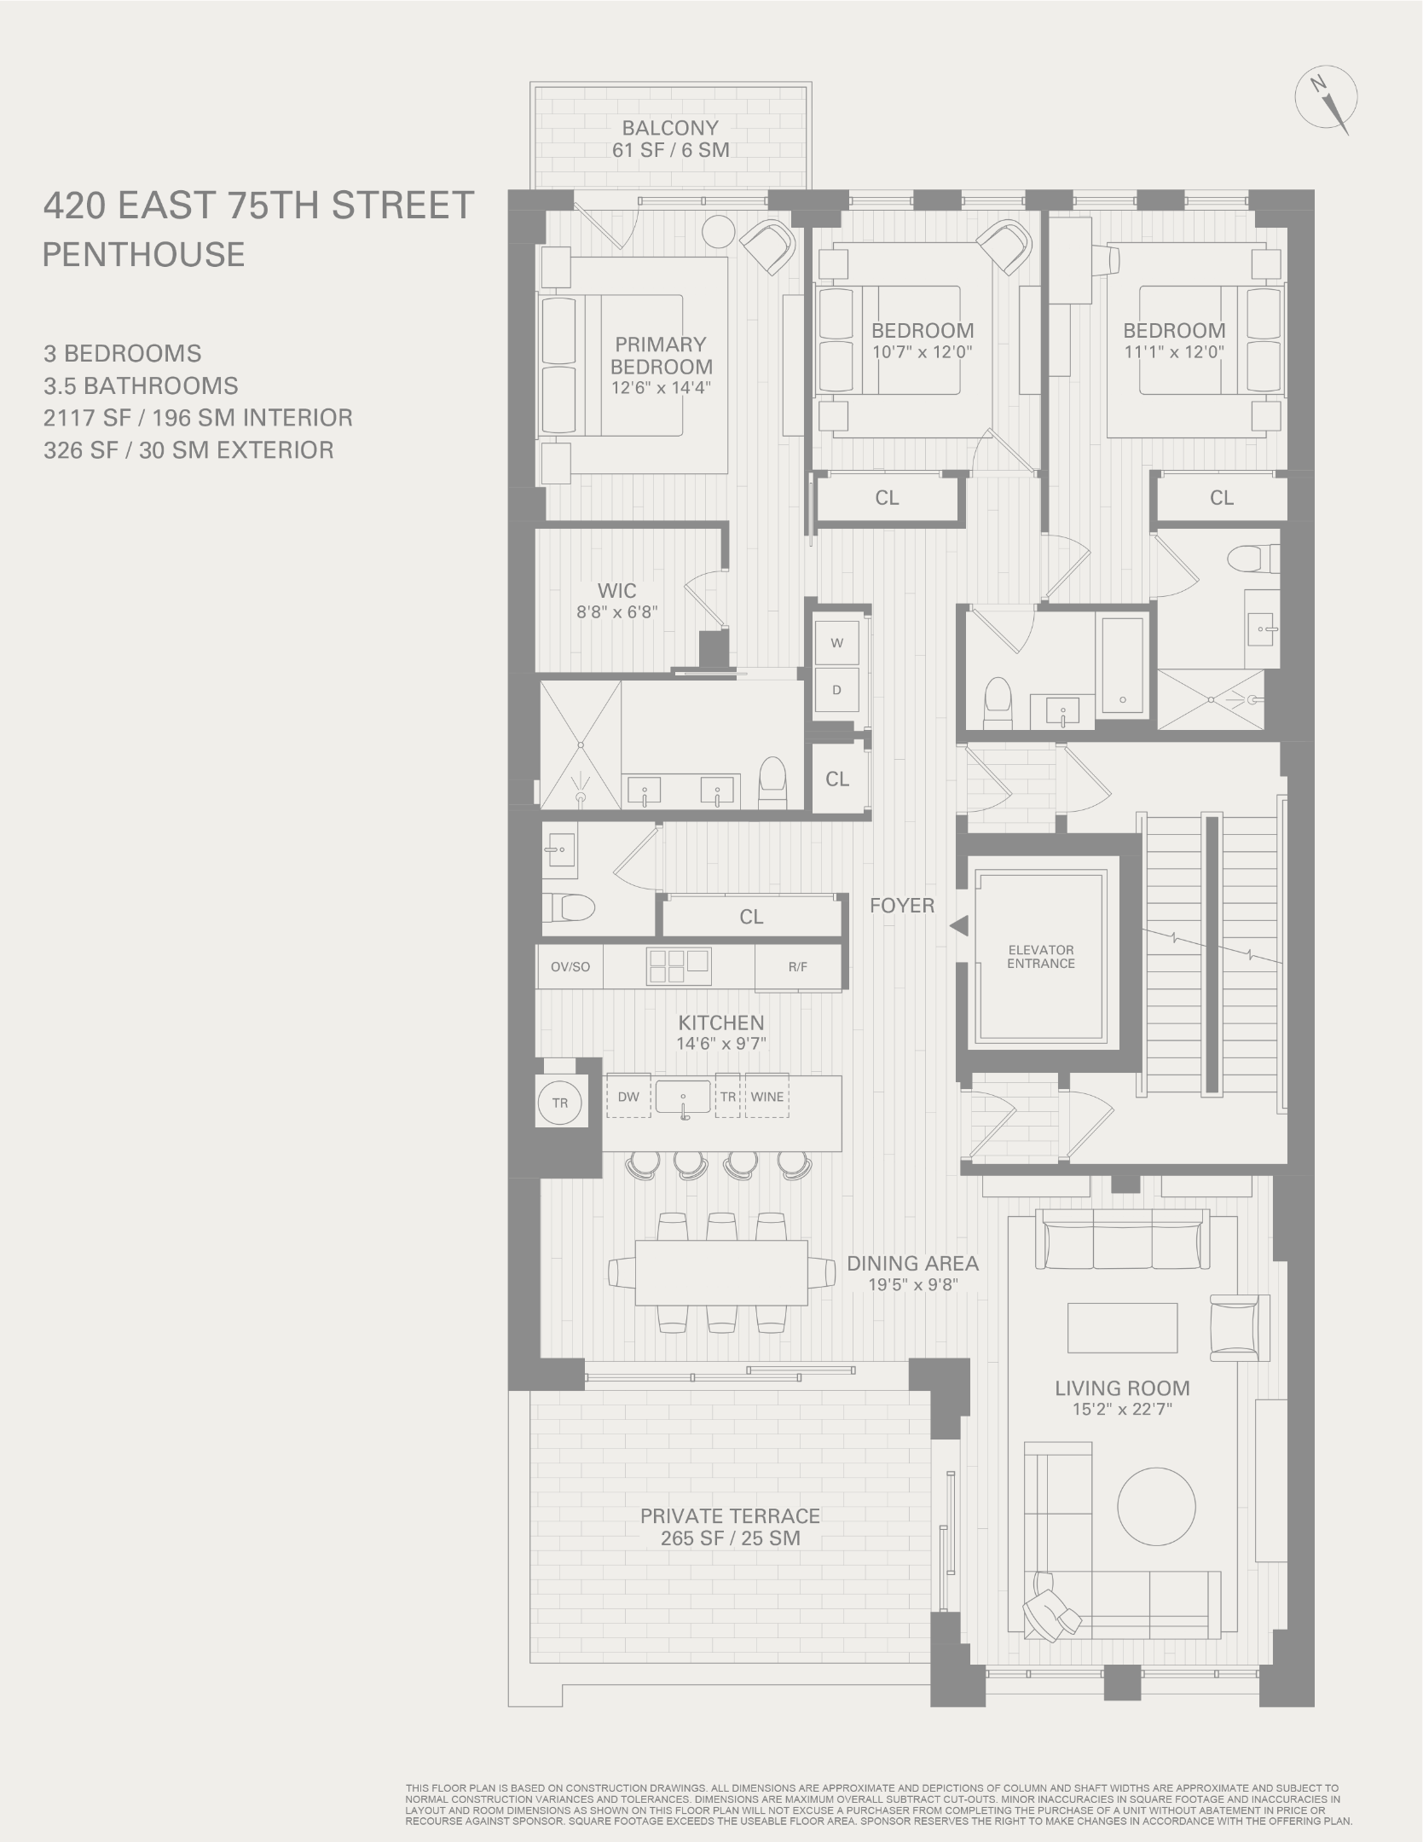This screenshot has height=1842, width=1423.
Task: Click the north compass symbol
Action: click(1325, 101)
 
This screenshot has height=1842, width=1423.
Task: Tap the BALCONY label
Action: click(669, 128)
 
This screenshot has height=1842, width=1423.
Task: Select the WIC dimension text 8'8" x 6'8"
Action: click(616, 611)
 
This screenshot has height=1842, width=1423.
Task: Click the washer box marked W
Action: click(836, 643)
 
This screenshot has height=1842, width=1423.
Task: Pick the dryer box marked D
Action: click(836, 690)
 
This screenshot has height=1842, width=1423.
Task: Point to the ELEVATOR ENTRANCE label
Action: click(1040, 956)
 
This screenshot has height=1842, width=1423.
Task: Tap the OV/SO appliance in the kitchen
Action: click(570, 966)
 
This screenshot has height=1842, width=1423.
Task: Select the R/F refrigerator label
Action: click(797, 966)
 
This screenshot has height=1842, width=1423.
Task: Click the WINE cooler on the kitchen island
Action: click(766, 1097)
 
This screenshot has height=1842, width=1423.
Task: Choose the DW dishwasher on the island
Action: click(628, 1097)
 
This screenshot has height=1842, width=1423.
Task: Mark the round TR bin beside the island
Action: click(559, 1103)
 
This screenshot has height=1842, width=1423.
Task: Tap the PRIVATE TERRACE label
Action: click(730, 1515)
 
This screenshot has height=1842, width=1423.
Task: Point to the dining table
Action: click(721, 1272)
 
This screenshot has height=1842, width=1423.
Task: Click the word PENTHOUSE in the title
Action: click(143, 254)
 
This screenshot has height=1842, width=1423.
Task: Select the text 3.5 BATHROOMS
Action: click(141, 385)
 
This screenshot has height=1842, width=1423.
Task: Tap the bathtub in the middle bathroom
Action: click(1122, 665)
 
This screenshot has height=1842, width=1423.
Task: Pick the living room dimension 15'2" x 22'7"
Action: click(1122, 1410)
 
